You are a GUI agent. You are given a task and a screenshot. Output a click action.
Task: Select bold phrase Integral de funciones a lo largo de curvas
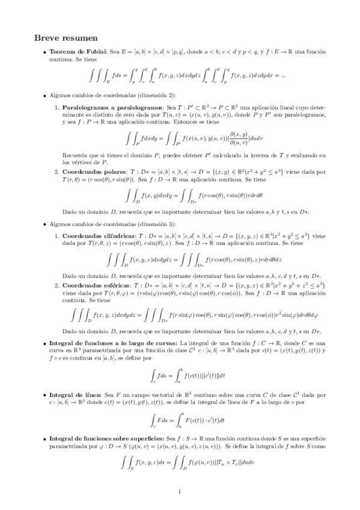point(105,342)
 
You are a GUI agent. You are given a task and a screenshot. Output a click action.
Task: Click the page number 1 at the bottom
point(180,491)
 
